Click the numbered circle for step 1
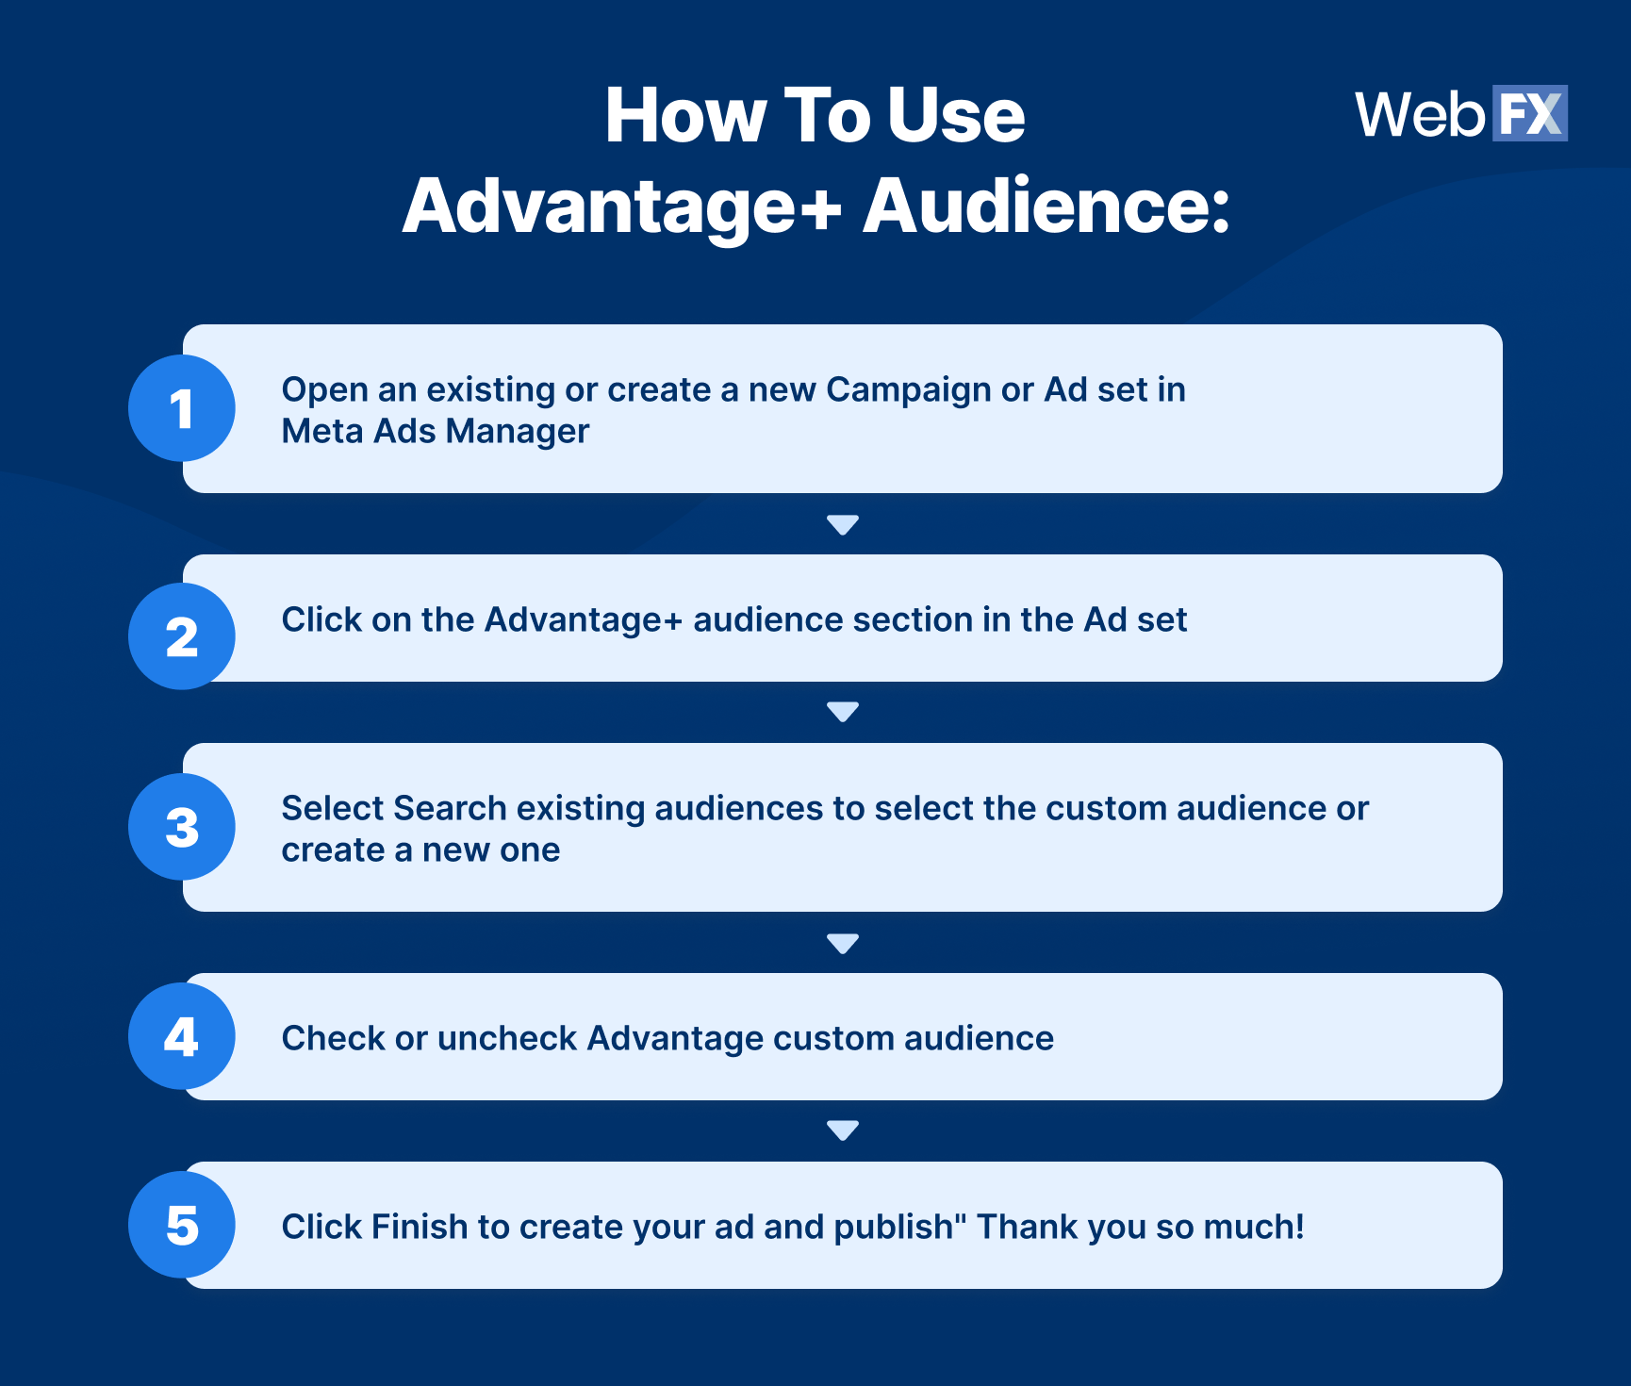click(x=182, y=408)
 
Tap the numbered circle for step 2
click(x=182, y=636)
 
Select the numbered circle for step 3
click(x=182, y=827)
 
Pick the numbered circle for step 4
click(x=182, y=1036)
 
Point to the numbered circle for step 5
click(x=182, y=1225)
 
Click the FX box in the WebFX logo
click(x=1529, y=114)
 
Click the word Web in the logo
click(x=1420, y=115)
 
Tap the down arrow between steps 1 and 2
click(x=842, y=524)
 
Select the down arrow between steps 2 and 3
click(x=842, y=711)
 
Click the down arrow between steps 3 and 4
click(x=842, y=943)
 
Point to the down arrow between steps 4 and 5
click(x=842, y=1130)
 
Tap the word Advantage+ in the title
click(x=622, y=207)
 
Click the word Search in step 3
click(x=450, y=808)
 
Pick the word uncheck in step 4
click(x=506, y=1038)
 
